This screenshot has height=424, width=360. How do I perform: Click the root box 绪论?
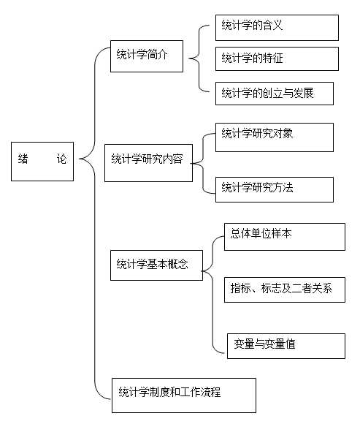42,162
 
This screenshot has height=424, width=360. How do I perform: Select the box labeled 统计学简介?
147,56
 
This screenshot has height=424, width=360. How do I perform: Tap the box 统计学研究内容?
148,163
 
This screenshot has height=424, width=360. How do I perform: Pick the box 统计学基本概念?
157,265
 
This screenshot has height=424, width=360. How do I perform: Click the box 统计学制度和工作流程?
184,395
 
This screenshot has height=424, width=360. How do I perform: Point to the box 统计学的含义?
277,28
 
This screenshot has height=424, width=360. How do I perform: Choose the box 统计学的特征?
277,58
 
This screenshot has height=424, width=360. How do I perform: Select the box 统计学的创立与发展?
275,94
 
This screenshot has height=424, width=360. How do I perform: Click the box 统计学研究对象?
275,137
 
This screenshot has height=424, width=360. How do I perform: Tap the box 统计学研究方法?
275,189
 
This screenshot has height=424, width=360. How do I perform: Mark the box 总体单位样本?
285,237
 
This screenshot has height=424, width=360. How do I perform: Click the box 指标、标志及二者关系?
285,289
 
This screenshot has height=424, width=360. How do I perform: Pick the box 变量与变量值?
286,346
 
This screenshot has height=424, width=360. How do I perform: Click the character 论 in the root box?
61,159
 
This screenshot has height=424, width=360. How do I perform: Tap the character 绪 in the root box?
23,159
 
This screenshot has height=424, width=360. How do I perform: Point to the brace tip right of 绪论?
79,159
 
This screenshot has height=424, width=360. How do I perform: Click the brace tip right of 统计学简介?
189,58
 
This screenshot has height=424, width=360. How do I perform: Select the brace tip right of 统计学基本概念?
202,271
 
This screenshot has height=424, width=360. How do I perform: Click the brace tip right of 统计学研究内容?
191,163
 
